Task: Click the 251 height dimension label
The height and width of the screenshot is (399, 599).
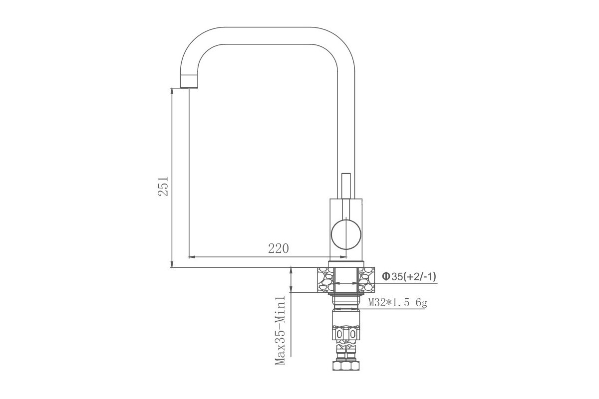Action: pos(163,186)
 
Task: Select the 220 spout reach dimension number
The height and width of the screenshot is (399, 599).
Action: pos(279,248)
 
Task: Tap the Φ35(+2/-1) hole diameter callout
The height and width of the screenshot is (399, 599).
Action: pos(409,277)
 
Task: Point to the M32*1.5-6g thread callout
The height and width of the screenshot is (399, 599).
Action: pos(397,303)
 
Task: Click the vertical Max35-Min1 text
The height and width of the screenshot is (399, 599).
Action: pos(280,330)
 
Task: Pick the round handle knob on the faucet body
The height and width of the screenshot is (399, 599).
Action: pos(346,234)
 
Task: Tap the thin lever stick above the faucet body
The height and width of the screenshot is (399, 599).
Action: pos(346,186)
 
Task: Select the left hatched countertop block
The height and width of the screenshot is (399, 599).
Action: pos(325,279)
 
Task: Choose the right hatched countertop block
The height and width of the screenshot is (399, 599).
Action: pos(366,279)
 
